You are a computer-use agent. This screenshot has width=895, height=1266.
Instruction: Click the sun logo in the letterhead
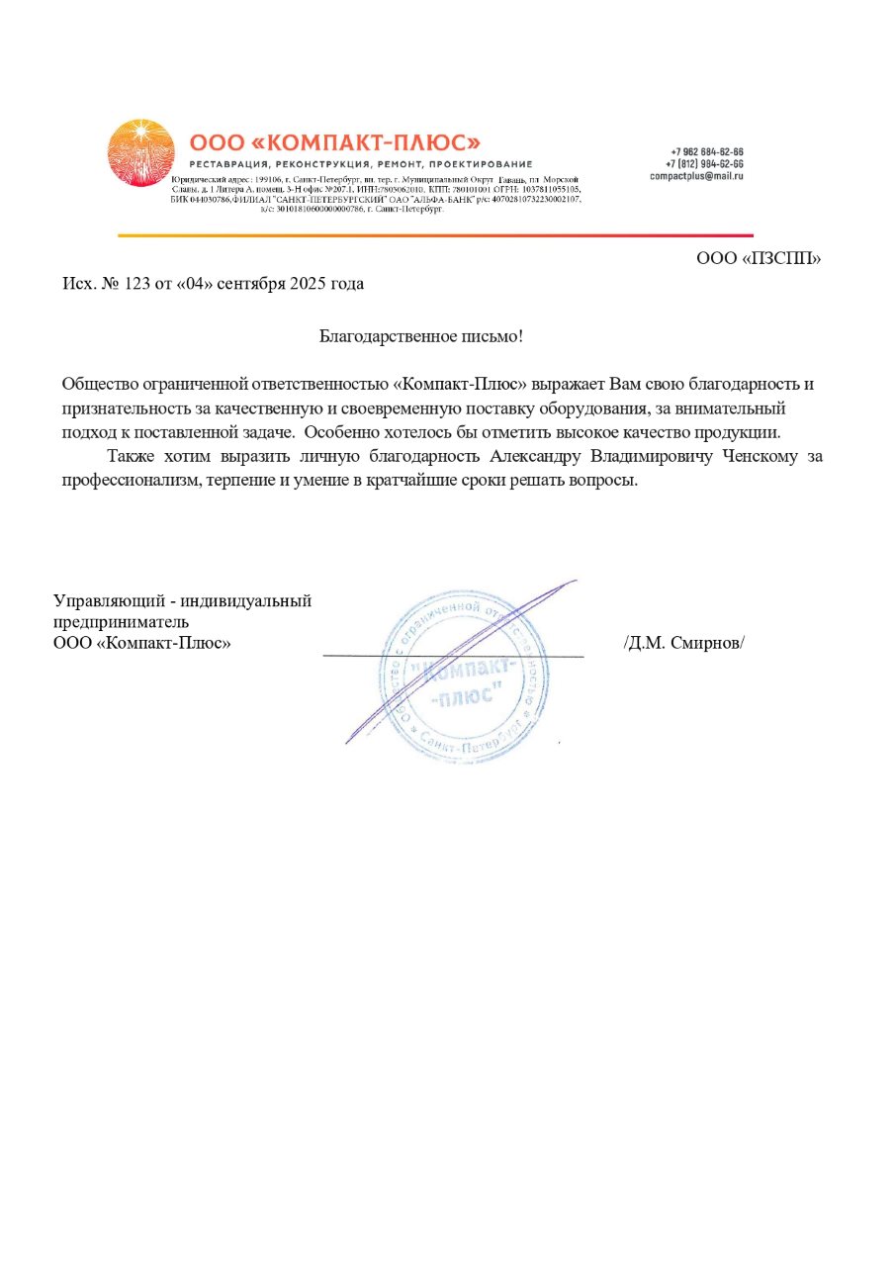(x=139, y=151)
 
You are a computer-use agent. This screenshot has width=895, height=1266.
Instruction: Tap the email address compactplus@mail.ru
(x=696, y=175)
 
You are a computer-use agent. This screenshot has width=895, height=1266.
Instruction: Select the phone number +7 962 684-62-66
(x=704, y=151)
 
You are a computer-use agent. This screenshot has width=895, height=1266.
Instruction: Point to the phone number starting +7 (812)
(x=704, y=163)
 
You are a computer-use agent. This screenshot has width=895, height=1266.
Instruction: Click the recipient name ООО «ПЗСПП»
(x=759, y=259)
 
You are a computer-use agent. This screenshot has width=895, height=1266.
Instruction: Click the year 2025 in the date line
(x=308, y=285)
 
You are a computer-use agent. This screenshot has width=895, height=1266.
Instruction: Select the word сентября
(x=250, y=285)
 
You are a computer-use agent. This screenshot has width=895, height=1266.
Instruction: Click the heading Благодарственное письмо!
(x=420, y=336)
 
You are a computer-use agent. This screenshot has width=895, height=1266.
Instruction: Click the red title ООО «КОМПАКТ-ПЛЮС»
(x=334, y=142)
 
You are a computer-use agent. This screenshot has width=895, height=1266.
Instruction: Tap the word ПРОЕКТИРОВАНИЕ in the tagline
(x=484, y=163)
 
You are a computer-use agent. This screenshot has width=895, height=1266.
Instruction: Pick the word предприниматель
(x=120, y=622)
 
